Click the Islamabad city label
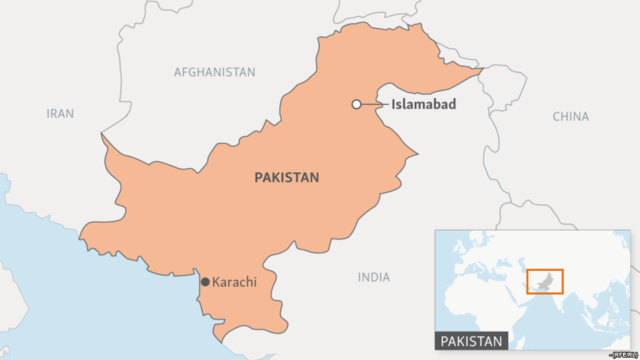tap(424, 104)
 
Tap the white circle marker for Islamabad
tap(356, 104)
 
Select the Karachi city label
tap(235, 282)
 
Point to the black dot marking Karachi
tap(205, 283)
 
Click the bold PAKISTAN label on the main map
tap(286, 177)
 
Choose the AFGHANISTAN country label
tap(214, 72)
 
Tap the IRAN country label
tap(60, 114)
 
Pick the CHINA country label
tap(571, 117)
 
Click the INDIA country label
tap(374, 277)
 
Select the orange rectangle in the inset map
tap(545, 281)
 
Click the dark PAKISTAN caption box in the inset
tap(471, 342)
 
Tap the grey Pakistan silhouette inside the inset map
tap(542, 280)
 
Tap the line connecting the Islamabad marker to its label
tap(373, 104)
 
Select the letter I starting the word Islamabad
tap(392, 104)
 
